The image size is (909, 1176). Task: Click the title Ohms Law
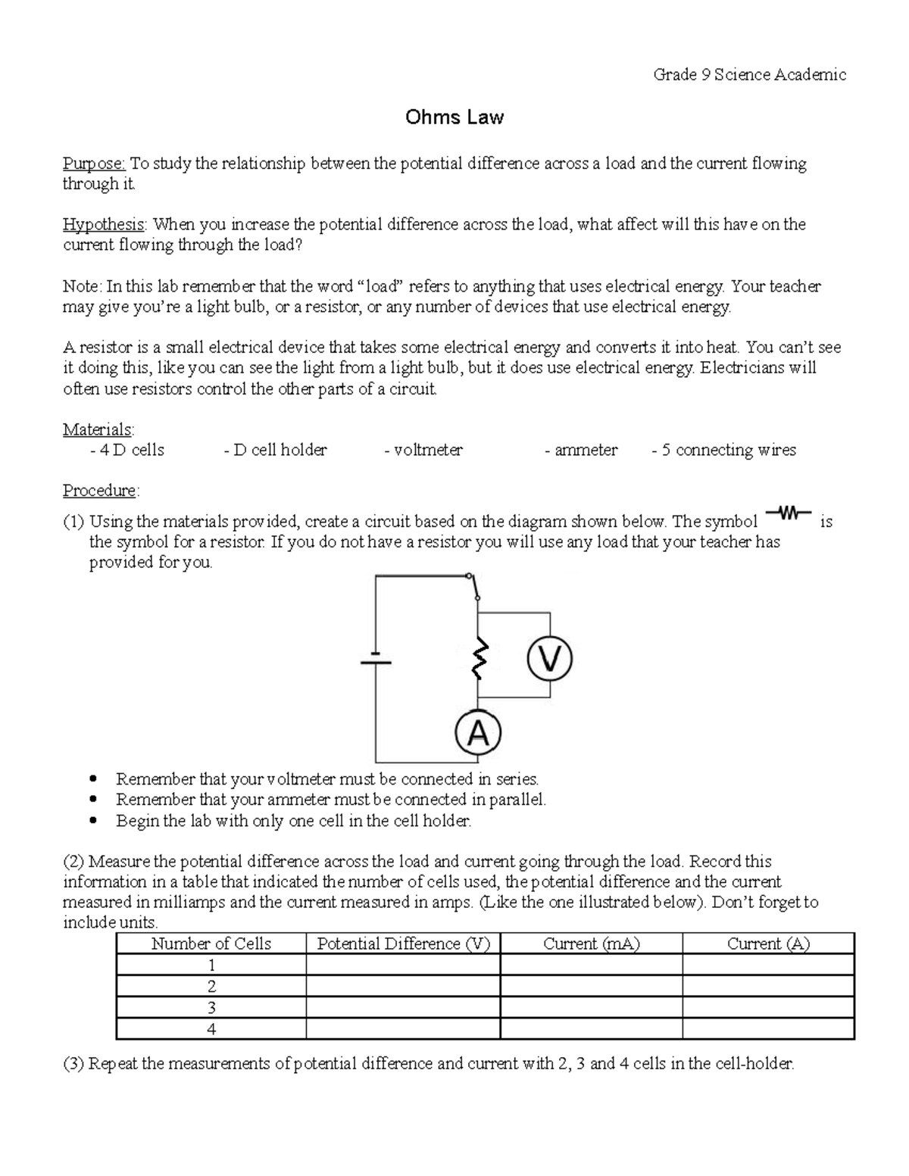[x=454, y=117]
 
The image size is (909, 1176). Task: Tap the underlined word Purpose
[x=94, y=164]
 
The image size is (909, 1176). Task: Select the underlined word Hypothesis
[x=104, y=224]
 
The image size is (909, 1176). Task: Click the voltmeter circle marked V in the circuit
[x=549, y=659]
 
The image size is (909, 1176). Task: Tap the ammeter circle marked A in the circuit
[x=477, y=733]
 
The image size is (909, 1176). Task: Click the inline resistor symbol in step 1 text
[x=788, y=515]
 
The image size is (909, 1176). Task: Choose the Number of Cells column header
[x=211, y=944]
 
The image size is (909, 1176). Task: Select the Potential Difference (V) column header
[x=403, y=944]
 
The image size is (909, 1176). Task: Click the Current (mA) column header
[x=591, y=944]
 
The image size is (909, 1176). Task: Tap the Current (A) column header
[x=768, y=944]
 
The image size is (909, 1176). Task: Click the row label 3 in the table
[x=211, y=1007]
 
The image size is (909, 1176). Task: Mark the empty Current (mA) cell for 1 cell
[x=591, y=965]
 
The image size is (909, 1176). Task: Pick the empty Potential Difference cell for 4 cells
[x=403, y=1029]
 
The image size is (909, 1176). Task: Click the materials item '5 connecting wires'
[x=724, y=450]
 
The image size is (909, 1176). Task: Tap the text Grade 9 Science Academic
[x=749, y=74]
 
